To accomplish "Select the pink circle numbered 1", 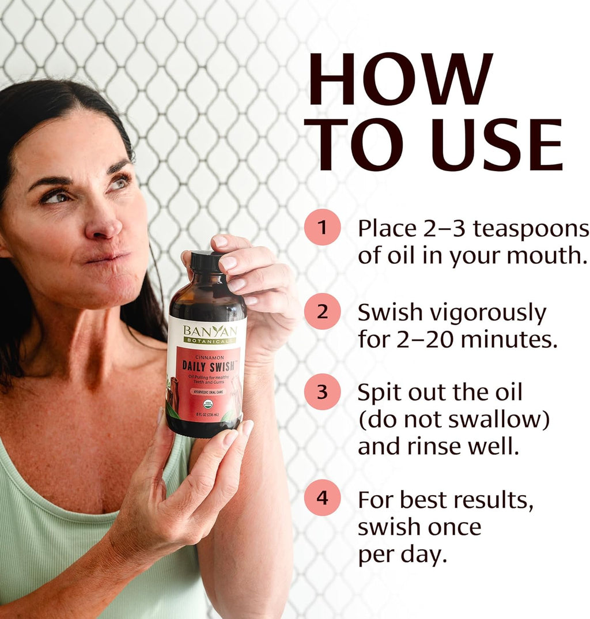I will coord(323,227).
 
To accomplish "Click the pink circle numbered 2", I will coord(323,312).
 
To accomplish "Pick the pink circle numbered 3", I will coord(323,392).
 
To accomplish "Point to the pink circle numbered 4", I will coord(323,497).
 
